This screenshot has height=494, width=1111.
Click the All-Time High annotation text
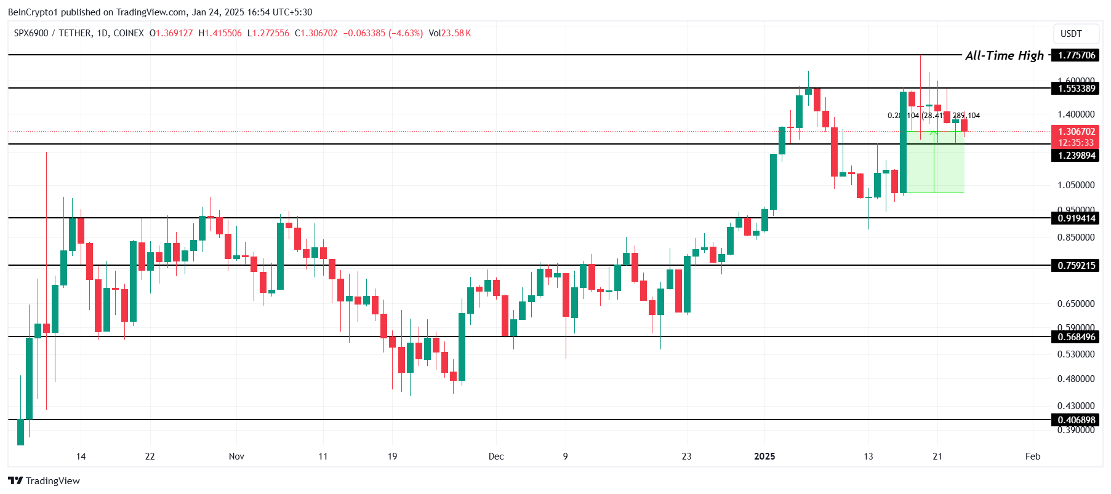pos(1005,55)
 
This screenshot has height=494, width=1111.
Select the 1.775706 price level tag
pos(1077,55)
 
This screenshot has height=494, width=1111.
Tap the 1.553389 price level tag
pos(1077,89)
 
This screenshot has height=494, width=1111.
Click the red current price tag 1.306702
pos(1077,132)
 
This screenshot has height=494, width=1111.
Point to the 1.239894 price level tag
pos(1077,156)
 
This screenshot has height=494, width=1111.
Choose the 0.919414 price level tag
pos(1077,218)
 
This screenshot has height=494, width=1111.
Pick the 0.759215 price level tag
pos(1077,266)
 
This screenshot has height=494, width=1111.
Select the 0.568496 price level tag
pos(1077,337)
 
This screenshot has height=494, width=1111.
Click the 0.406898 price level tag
pos(1077,420)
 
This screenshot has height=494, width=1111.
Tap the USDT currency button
pos(1071,34)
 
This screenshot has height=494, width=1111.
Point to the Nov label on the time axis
pos(236,456)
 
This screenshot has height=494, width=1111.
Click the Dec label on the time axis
pos(496,456)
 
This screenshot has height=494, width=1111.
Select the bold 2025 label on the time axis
pos(764,456)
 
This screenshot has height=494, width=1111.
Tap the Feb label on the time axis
pos(1033,456)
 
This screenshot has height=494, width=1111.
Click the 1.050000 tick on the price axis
pos(1076,185)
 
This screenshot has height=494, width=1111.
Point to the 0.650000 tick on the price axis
pos(1076,304)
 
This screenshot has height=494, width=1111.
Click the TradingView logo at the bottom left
pos(44,481)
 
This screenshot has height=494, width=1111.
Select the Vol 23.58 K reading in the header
pos(450,33)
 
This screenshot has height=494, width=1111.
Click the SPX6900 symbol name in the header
pos(31,33)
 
